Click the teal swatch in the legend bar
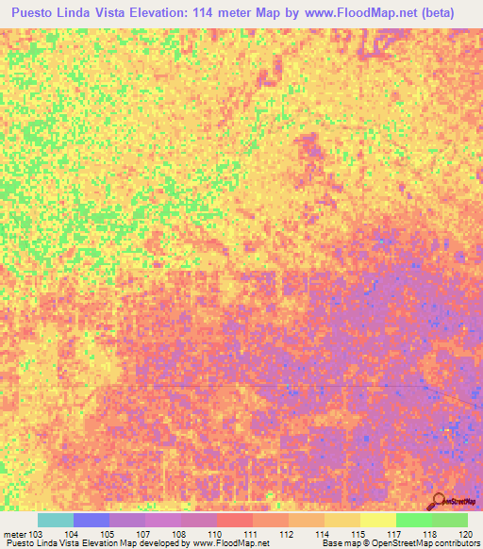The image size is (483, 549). click(55, 520)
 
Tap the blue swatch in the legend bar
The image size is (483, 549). click(91, 520)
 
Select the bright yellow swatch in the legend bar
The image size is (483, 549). click(377, 520)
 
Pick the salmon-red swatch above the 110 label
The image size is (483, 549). click(234, 520)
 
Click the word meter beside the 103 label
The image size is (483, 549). click(14, 533)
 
